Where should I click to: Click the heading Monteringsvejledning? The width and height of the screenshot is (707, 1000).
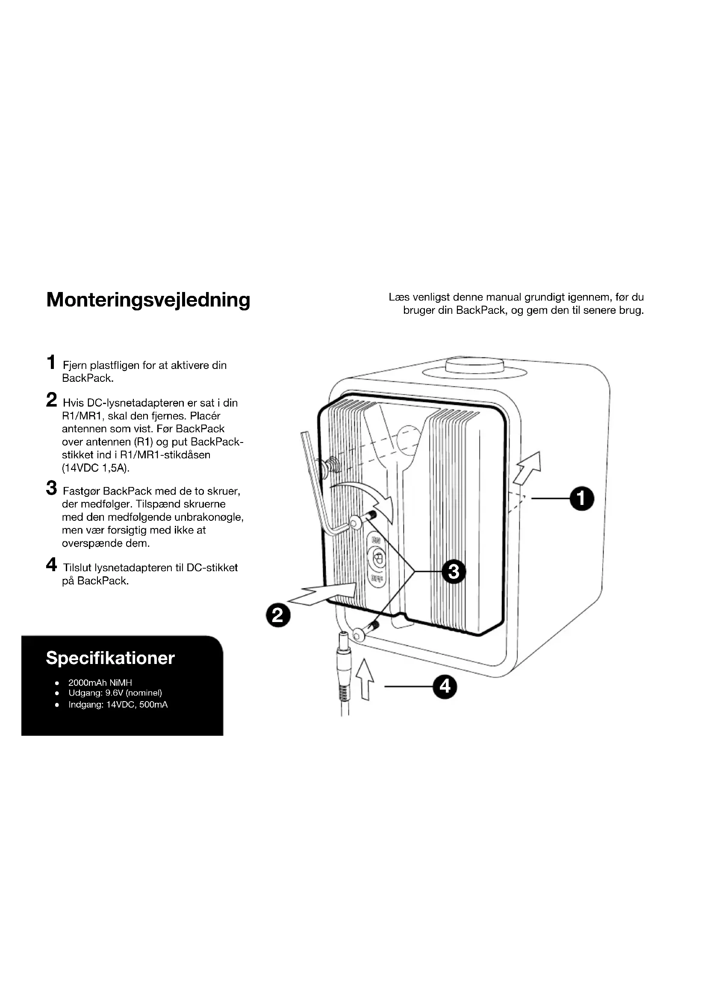click(x=148, y=300)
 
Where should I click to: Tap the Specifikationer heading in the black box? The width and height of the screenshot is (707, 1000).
click(x=110, y=658)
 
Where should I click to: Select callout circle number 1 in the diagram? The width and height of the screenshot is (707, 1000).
click(x=582, y=499)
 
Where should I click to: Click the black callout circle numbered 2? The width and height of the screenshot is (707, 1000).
click(x=278, y=615)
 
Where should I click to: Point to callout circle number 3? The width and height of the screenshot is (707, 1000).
click(x=454, y=571)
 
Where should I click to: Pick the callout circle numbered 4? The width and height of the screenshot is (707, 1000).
click(x=445, y=687)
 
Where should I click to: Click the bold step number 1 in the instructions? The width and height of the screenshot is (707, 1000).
click(x=51, y=363)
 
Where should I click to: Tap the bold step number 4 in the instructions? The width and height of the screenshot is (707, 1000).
click(x=51, y=565)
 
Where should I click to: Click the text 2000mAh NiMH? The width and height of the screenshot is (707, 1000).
click(x=100, y=682)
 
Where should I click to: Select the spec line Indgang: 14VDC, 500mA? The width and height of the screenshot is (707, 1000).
click(x=118, y=705)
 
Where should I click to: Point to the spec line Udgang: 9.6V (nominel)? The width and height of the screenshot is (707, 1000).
click(x=115, y=693)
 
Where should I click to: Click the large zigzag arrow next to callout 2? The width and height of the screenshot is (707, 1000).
click(x=324, y=593)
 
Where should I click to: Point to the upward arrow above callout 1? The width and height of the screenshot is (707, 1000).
click(x=527, y=467)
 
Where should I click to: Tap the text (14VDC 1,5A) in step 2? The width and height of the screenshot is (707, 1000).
click(x=96, y=468)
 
